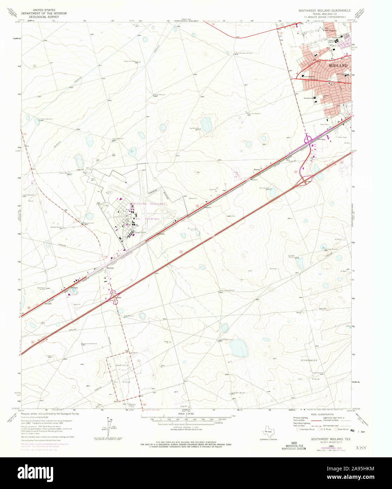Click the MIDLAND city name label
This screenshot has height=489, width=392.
(x=338, y=66)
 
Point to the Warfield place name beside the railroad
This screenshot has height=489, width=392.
(x=110, y=268)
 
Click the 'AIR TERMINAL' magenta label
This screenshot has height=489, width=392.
(x=148, y=219)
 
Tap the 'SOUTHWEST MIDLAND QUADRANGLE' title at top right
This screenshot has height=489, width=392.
(x=324, y=11)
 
